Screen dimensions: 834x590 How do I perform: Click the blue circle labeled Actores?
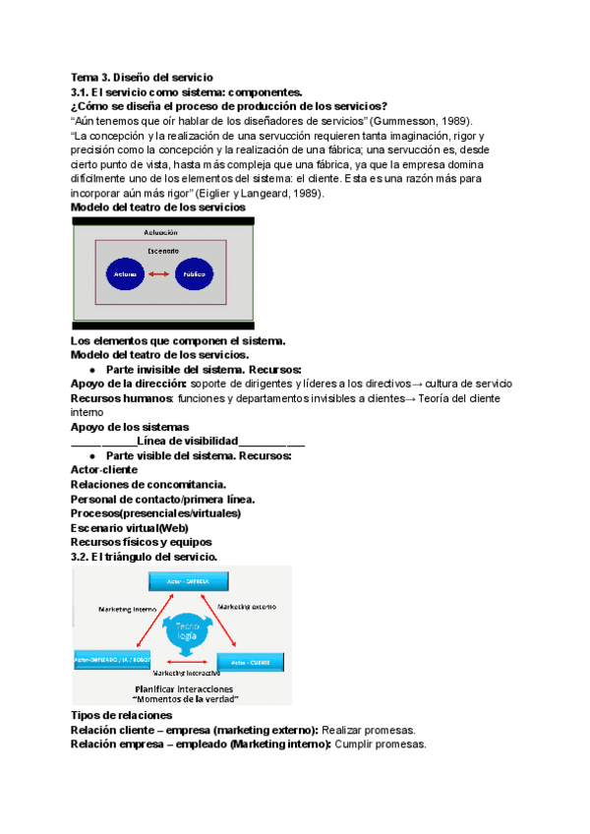coord(125,273)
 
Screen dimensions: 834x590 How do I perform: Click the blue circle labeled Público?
coord(194,273)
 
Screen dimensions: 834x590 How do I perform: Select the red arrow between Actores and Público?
coord(159,273)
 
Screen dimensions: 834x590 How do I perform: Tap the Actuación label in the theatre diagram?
coord(163,232)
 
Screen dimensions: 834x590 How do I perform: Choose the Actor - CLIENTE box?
coord(250,661)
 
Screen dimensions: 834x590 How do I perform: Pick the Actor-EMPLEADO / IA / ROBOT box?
coord(111,659)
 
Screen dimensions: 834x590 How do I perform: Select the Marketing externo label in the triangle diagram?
coord(249,606)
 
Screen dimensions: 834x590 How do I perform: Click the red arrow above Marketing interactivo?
coord(184,661)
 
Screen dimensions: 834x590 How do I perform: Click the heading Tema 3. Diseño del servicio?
coord(141,77)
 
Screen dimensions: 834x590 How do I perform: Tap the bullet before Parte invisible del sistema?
coord(91,370)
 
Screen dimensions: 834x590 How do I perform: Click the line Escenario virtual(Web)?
coord(130,527)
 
